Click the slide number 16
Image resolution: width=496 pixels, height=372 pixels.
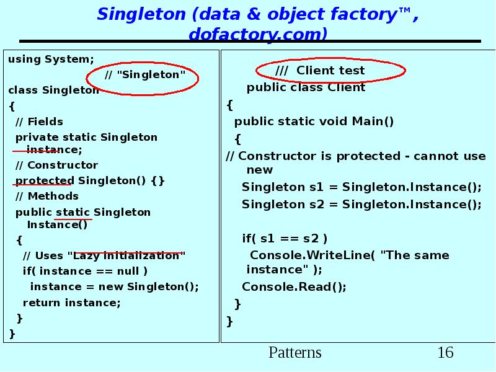click(x=445, y=353)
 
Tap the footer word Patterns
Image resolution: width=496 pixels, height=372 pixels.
click(x=295, y=353)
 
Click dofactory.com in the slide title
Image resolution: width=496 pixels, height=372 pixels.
click(x=257, y=33)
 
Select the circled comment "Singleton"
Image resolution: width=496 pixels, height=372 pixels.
click(x=145, y=75)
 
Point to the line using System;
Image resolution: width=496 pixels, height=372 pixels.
click(x=51, y=60)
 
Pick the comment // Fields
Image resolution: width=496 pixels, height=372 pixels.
click(x=39, y=122)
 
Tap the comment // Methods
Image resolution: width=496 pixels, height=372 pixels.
click(x=47, y=196)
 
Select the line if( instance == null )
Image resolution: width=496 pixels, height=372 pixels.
click(x=85, y=271)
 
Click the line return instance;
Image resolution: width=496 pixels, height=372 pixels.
click(x=71, y=303)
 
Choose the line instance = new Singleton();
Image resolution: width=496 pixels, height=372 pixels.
click(x=115, y=286)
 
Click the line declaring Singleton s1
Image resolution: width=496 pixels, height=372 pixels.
click(x=361, y=187)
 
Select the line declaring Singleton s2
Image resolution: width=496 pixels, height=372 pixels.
click(x=361, y=204)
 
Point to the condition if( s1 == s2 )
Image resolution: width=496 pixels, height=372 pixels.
click(x=285, y=238)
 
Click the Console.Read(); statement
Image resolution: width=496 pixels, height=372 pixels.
click(x=294, y=286)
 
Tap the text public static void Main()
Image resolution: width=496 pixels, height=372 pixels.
click(x=314, y=122)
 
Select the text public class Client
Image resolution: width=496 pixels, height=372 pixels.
click(x=306, y=87)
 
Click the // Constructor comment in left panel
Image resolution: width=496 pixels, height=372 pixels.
click(x=56, y=165)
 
